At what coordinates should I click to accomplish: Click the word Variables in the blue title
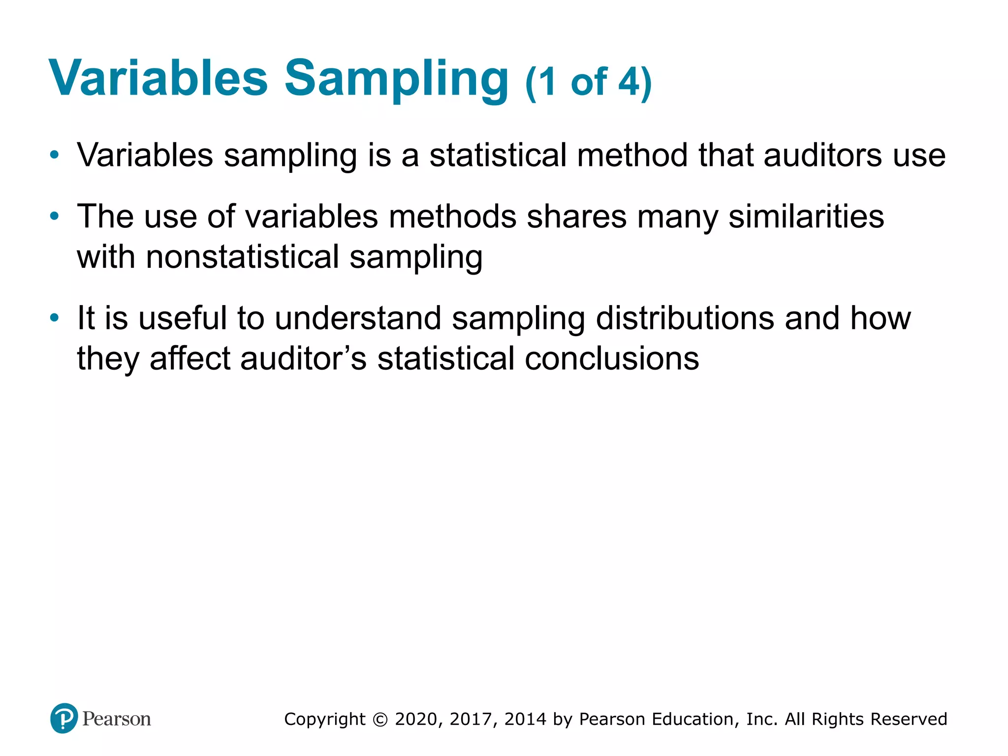click(x=158, y=79)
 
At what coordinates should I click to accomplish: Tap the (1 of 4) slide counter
click(x=588, y=83)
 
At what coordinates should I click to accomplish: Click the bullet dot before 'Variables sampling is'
click(x=55, y=156)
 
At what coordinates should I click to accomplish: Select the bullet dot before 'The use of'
click(x=55, y=216)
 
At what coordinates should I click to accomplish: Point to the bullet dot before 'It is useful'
click(x=55, y=318)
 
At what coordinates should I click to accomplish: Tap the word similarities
click(x=806, y=217)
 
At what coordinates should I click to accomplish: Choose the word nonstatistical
click(x=243, y=257)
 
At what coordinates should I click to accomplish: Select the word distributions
click(x=685, y=318)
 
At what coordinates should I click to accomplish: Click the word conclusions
click(x=611, y=358)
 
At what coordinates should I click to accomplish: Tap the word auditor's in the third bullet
click(x=303, y=358)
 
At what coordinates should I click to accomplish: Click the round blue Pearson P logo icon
click(x=64, y=719)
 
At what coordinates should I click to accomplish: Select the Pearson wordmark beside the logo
click(x=117, y=719)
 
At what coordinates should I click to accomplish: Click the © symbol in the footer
click(x=380, y=720)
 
